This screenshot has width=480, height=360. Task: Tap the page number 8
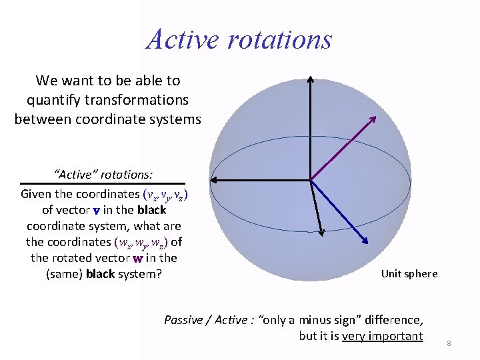[449, 343]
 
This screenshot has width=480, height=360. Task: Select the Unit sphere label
[409, 273]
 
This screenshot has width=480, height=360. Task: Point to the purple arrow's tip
[375, 117]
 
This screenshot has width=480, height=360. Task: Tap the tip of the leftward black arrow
[213, 179]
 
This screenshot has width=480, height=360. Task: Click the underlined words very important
[382, 335]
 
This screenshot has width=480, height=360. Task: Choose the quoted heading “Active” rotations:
[103, 174]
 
